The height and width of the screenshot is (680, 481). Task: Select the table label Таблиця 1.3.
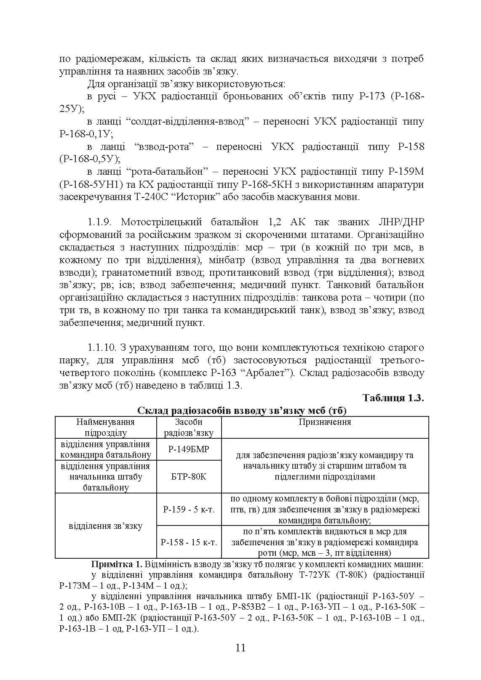tap(393, 398)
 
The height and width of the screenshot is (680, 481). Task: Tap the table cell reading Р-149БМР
tap(189, 449)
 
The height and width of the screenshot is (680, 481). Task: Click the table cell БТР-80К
tap(189, 477)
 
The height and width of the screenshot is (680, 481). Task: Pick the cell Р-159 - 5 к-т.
tap(189, 509)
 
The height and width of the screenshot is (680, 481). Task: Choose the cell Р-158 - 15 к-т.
tap(189, 542)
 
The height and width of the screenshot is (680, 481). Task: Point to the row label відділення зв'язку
tap(105, 526)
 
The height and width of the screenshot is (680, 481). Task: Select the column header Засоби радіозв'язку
tap(189, 427)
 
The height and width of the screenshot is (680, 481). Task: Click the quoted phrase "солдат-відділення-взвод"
tap(185, 122)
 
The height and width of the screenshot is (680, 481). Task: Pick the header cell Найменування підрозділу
tap(105, 427)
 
